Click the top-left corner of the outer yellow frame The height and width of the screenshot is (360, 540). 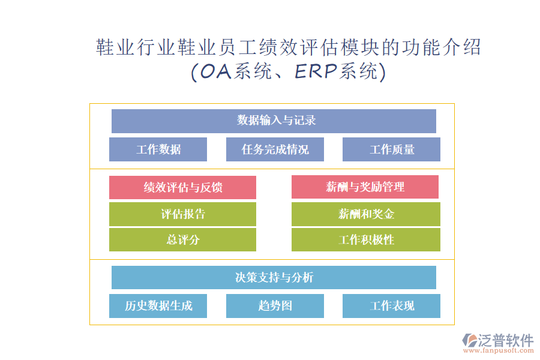tap(90, 104)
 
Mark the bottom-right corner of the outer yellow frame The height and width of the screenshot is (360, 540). tap(454, 325)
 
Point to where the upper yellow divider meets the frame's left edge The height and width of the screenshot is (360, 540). tap(90, 169)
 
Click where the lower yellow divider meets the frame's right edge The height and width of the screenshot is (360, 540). tap(454, 259)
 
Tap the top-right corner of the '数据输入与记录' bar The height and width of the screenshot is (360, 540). tap(436, 110)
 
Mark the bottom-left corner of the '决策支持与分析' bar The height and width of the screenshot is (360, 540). tap(112, 289)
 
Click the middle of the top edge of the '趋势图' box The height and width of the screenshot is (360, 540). tap(275, 294)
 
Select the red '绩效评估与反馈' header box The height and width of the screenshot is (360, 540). tap(182, 187)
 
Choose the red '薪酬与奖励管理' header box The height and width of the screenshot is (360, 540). tap(365, 187)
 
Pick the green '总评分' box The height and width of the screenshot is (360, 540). tap(182, 240)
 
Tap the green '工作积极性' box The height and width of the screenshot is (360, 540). tap(366, 240)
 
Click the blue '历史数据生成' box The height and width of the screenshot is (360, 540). tap(158, 306)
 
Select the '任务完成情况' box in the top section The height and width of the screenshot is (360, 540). tap(275, 149)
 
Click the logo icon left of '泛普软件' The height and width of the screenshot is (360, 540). tap(470, 340)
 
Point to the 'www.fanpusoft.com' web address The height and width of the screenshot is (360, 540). tap(499, 350)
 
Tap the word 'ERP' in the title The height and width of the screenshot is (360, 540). tap(316, 71)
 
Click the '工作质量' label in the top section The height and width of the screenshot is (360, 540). tap(392, 149)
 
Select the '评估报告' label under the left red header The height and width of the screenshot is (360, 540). tap(183, 214)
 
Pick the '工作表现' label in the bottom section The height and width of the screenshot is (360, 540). tap(392, 306)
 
